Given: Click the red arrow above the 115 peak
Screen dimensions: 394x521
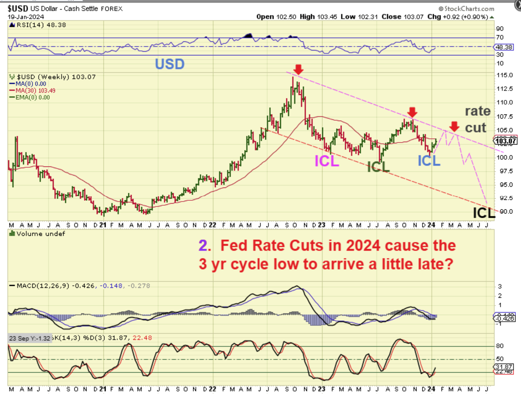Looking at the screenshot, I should click(x=298, y=69).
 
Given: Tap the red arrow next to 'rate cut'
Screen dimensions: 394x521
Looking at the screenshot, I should click(x=454, y=126).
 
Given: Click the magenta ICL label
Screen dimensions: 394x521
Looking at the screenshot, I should click(x=327, y=161).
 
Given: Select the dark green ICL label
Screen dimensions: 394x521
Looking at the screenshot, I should click(x=378, y=166).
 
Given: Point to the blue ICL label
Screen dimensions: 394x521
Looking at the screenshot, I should click(x=429, y=161).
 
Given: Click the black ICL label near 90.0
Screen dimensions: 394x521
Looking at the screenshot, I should click(x=483, y=213).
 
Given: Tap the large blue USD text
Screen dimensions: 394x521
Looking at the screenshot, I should click(x=170, y=64).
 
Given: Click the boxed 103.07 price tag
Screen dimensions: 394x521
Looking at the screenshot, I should click(x=506, y=141).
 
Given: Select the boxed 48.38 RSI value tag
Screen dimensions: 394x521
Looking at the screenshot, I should click(x=504, y=47).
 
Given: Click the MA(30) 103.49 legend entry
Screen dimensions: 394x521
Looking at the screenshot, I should click(x=35, y=90).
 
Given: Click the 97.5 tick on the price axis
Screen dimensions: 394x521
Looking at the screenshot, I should click(x=505, y=171).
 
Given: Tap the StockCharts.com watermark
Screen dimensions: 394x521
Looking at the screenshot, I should click(x=467, y=8).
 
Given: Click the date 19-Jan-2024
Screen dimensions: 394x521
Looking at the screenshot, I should click(x=26, y=17).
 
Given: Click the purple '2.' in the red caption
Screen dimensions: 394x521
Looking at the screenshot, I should click(x=205, y=245).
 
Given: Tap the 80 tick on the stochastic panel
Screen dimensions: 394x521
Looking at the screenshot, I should click(x=500, y=346).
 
